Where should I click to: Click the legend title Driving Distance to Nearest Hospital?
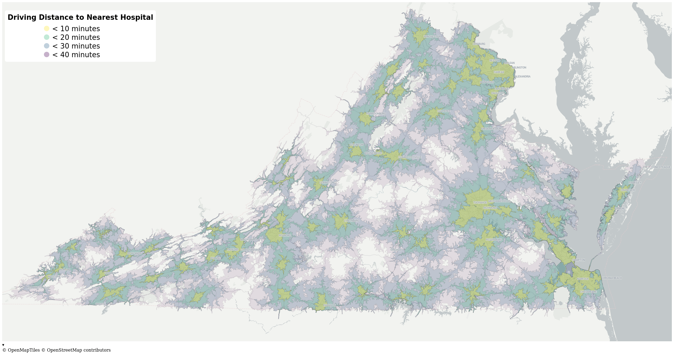(x=80, y=17)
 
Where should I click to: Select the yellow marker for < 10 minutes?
(x=47, y=28)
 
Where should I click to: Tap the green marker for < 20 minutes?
(x=47, y=37)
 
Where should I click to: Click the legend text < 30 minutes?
(x=76, y=46)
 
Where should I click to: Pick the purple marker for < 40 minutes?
(x=47, y=54)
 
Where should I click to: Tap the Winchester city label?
(x=432, y=37)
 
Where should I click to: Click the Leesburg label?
(x=479, y=44)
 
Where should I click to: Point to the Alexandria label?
(x=522, y=76)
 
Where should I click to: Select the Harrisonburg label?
(x=376, y=114)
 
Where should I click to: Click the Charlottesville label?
(x=410, y=157)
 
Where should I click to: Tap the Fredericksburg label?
(x=492, y=129)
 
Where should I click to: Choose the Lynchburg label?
(x=352, y=221)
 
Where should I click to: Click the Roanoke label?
(x=285, y=235)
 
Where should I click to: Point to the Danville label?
(x=329, y=305)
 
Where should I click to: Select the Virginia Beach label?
(x=612, y=278)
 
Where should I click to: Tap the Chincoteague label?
(x=660, y=167)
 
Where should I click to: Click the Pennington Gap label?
(x=38, y=288)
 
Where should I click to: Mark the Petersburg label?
(x=494, y=240)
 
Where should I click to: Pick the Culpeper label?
(x=444, y=111)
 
